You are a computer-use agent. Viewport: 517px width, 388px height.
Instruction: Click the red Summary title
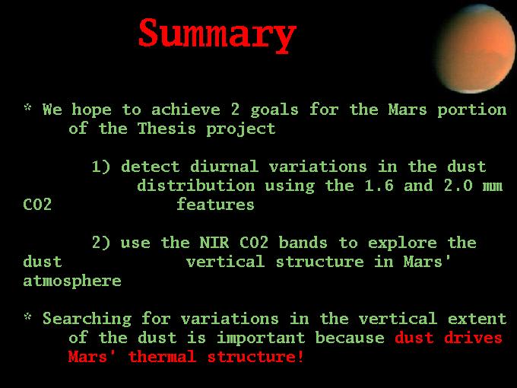[x=217, y=35]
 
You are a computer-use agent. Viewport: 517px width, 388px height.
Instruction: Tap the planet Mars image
[x=476, y=49]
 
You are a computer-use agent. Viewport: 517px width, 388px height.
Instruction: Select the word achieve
[x=186, y=110]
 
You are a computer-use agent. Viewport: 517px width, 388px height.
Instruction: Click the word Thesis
[x=167, y=128]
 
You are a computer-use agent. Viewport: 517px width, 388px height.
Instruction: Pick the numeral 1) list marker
[x=101, y=167]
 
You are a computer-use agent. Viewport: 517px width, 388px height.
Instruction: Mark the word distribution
[x=196, y=186]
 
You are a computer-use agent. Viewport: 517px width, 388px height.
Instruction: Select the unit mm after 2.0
[x=493, y=186]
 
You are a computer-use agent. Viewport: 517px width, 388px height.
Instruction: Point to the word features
[x=216, y=204]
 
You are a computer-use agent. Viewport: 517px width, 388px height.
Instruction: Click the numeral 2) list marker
[x=101, y=243]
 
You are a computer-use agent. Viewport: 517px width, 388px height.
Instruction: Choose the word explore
[x=402, y=243]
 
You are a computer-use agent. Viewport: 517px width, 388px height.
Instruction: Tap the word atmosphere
[x=72, y=281]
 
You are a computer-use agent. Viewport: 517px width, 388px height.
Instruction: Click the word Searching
[x=87, y=320]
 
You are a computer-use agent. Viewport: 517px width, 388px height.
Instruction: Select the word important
[x=261, y=339]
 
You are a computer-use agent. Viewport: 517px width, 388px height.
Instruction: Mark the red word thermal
[x=162, y=357]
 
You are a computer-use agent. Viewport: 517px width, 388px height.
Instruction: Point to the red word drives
[x=473, y=338]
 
